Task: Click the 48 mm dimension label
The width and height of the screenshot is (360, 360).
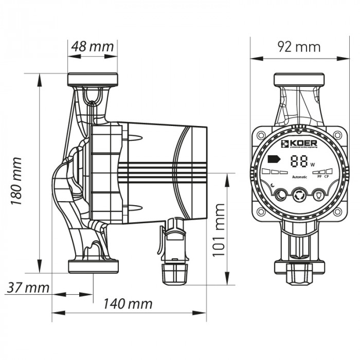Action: point(93,46)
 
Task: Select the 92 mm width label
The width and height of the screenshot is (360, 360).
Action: point(299,47)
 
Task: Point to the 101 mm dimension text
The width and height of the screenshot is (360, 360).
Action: point(220,228)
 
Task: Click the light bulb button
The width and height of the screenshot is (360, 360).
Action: point(319,195)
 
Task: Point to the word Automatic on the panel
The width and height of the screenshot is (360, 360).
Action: point(299,177)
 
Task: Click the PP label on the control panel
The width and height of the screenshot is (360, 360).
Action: point(319,177)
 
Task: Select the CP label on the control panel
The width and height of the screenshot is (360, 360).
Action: point(327,177)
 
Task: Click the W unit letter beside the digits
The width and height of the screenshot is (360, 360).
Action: point(312,165)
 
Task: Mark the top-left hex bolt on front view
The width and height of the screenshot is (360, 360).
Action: point(262,135)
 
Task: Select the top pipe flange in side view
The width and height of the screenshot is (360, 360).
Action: point(93,80)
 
